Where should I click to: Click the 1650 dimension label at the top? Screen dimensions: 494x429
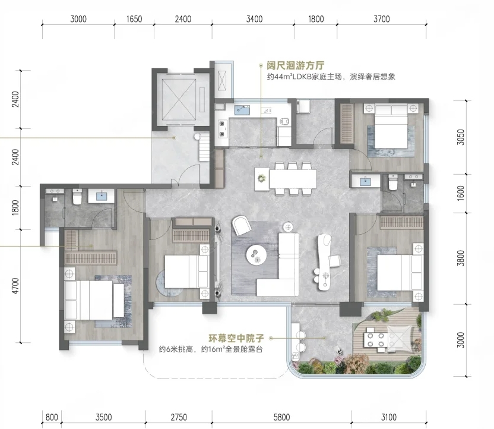pyautogui.click(x=134, y=19)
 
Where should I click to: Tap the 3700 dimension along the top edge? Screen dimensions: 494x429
pyautogui.click(x=382, y=19)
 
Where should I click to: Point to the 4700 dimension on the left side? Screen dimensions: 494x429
pyautogui.click(x=15, y=286)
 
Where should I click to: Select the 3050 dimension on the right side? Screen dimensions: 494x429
pyautogui.click(x=461, y=137)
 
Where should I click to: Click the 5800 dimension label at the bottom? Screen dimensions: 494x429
pyautogui.click(x=281, y=417)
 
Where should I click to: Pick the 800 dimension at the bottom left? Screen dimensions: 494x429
pyautogui.click(x=52, y=417)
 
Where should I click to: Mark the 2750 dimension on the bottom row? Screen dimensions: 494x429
pyautogui.click(x=179, y=417)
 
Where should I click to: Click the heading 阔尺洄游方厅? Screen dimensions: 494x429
pyautogui.click(x=296, y=65)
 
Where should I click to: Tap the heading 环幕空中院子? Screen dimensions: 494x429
pyautogui.click(x=236, y=339)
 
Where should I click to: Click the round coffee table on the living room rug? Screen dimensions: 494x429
pyautogui.click(x=256, y=255)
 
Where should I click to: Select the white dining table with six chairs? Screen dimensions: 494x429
pyautogui.click(x=293, y=179)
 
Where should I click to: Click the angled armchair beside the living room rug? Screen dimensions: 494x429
pyautogui.click(x=242, y=225)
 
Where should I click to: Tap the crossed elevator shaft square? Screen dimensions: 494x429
pyautogui.click(x=179, y=99)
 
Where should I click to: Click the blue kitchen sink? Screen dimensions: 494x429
pyautogui.click(x=242, y=110)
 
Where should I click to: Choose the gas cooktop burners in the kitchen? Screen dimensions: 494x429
pyautogui.click(x=222, y=128)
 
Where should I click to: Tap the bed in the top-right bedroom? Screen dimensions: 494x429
pyautogui.click(x=391, y=126)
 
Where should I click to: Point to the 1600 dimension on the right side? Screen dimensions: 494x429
pyautogui.click(x=461, y=193)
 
